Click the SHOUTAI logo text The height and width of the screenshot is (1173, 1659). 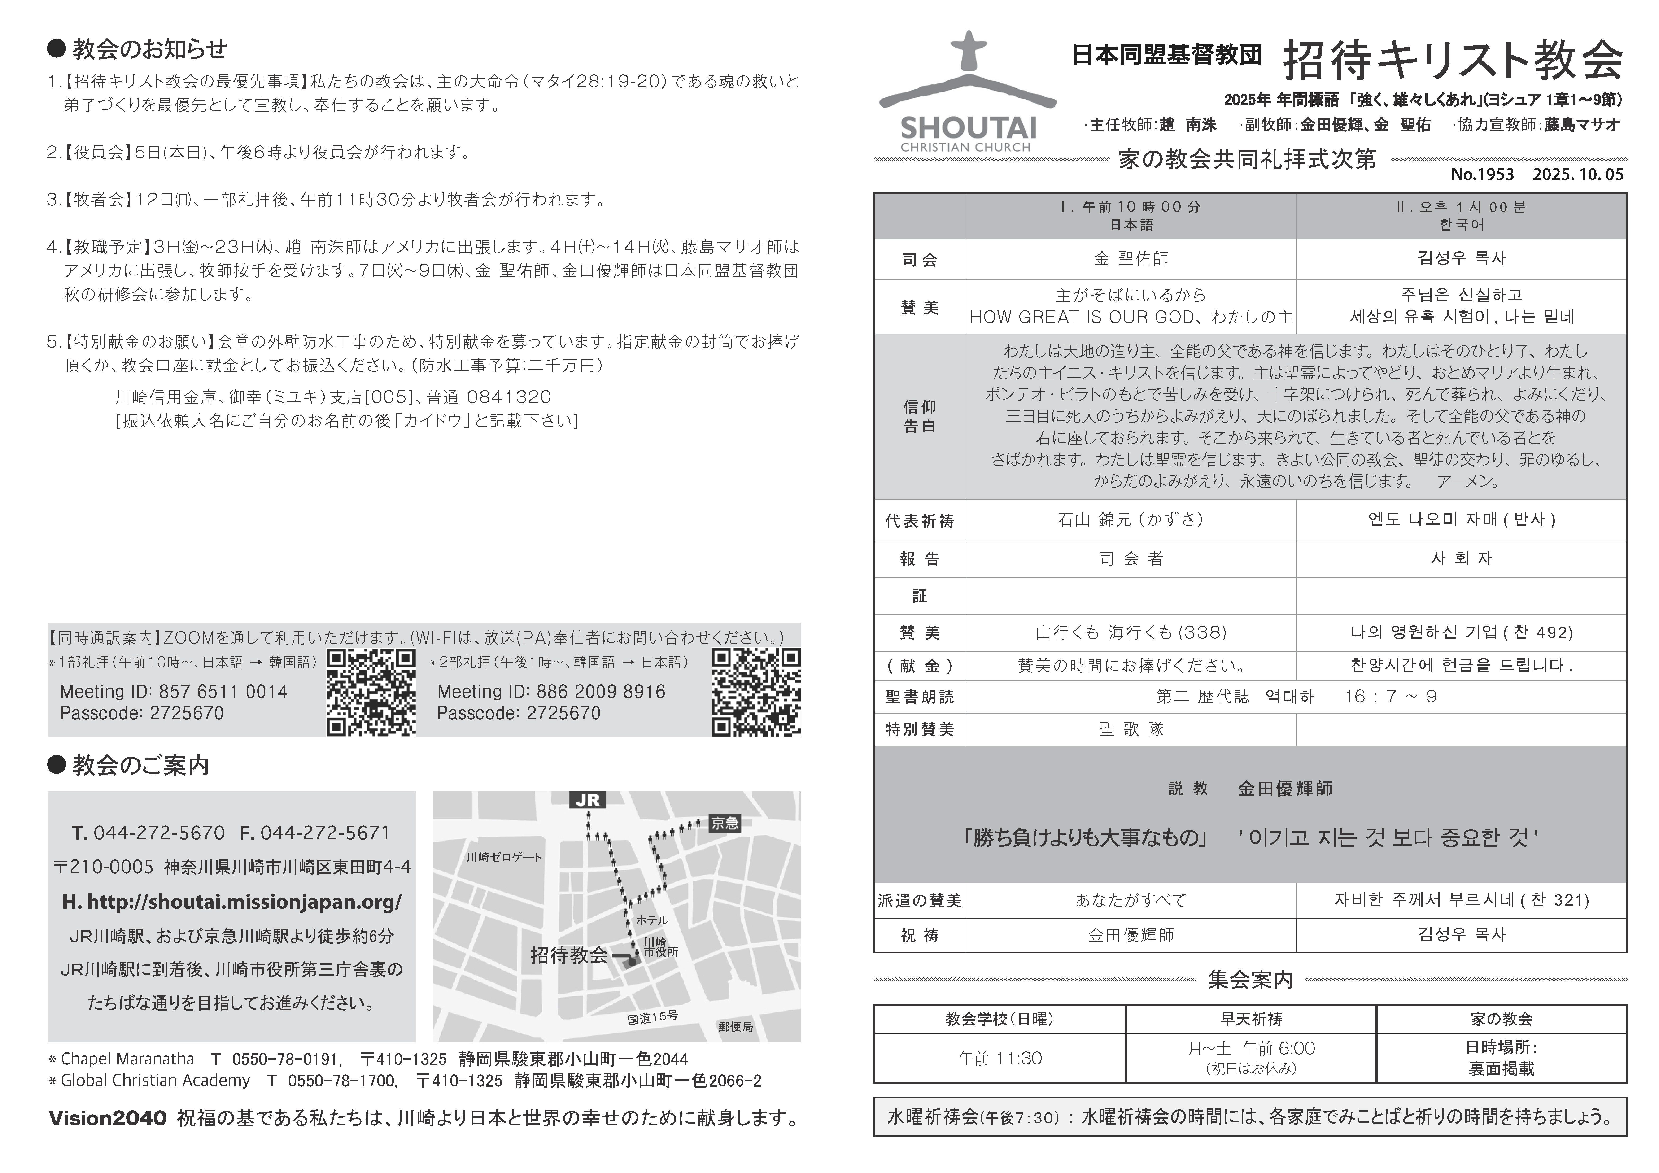[968, 129]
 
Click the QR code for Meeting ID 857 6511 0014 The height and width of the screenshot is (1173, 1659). [371, 692]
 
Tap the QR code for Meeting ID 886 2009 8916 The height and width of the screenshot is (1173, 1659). [756, 692]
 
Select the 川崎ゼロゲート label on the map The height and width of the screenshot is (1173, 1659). [504, 857]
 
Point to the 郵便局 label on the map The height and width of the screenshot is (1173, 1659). [736, 1026]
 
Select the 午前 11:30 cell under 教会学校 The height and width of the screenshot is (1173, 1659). [1000, 1059]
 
